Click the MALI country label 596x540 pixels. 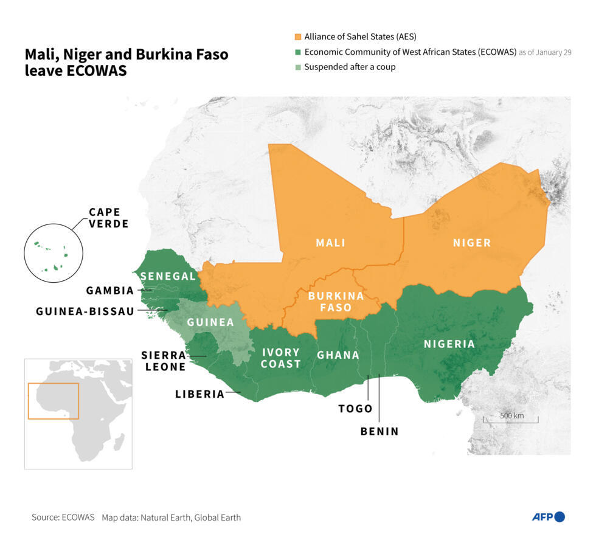330,243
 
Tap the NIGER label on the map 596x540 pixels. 471,243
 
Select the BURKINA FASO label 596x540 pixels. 336,302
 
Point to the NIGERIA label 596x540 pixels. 449,344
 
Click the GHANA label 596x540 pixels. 338,355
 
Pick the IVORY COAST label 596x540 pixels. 280,358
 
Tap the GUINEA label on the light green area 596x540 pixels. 210,322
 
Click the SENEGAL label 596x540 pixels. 168,276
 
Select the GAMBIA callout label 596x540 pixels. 109,291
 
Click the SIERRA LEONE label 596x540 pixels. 164,361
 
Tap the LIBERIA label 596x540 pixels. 199,394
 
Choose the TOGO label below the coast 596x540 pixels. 355,409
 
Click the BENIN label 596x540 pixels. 379,431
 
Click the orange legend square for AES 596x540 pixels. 297,36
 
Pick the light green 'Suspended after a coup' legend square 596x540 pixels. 297,67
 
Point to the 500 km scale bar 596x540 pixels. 511,420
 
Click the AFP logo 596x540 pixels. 548,517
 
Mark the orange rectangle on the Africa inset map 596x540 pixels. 54,401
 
